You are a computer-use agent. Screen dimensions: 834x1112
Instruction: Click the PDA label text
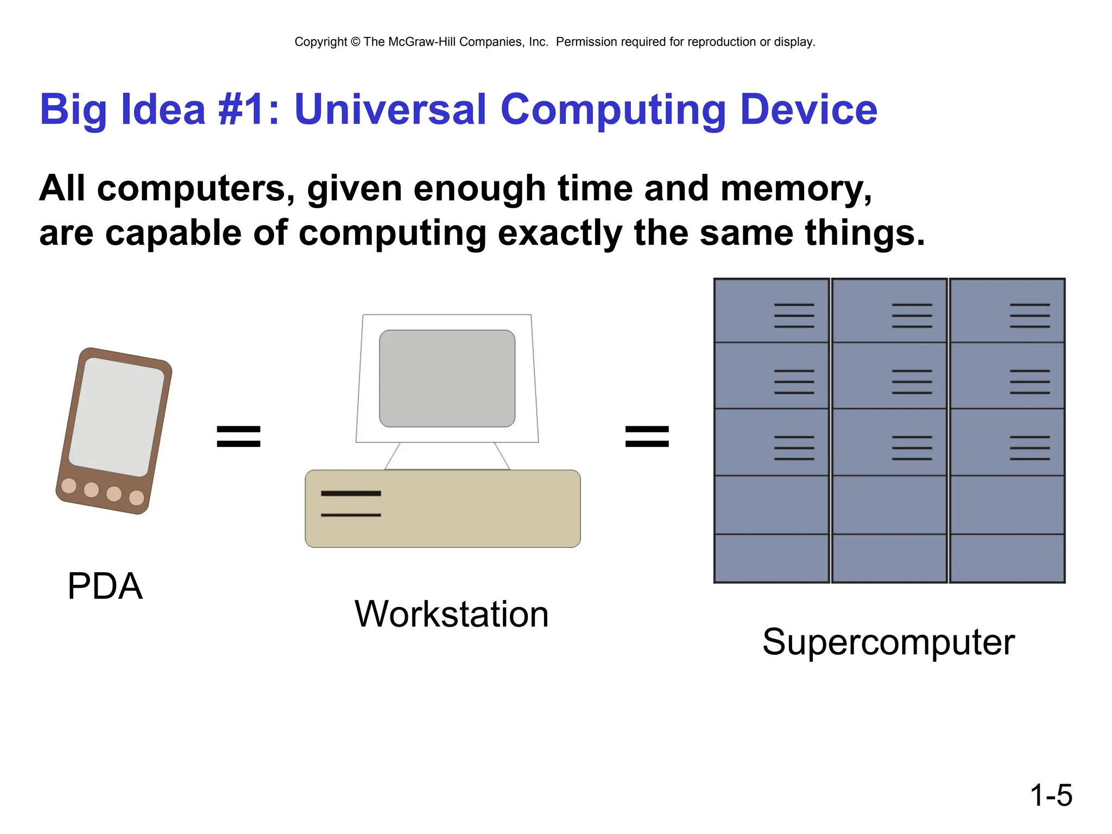pos(105,586)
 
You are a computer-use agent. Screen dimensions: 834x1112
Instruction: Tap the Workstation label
pos(451,614)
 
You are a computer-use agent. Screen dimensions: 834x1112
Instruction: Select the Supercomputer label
pos(888,642)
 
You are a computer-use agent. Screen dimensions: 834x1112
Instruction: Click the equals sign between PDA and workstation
pos(238,437)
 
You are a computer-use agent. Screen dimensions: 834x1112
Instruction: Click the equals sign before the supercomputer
pos(647,437)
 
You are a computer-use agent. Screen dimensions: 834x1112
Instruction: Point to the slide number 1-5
pos(1051,795)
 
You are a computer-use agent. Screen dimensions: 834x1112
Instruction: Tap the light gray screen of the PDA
pos(116,417)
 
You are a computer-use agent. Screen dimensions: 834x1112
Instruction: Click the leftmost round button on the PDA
pos(69,485)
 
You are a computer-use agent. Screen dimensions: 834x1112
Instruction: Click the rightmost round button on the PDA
pos(136,497)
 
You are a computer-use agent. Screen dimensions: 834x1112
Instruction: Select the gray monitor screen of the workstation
pos(447,378)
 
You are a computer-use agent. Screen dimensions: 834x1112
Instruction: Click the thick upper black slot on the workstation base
pos(351,494)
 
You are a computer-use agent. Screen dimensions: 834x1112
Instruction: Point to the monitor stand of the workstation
pos(447,456)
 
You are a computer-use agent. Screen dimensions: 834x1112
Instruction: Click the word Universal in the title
pos(389,110)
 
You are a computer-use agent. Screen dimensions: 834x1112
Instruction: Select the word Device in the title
pos(808,110)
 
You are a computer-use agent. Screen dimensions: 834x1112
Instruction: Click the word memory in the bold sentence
pos(795,189)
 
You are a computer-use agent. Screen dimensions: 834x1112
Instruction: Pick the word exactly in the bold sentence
pos(559,233)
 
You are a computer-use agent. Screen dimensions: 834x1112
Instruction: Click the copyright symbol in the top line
pos(355,42)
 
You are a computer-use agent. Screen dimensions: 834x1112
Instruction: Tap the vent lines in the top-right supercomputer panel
pos(1029,315)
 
